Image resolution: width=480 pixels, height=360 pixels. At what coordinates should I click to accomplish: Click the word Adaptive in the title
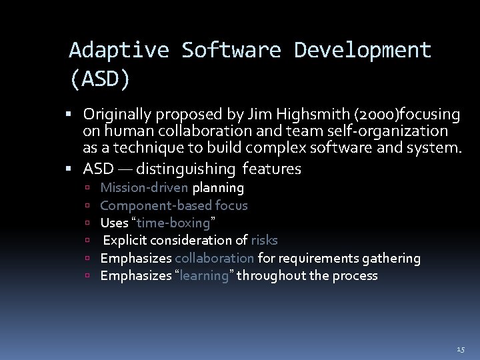[x=119, y=50]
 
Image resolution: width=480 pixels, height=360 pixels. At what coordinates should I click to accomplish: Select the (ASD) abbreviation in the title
[x=101, y=79]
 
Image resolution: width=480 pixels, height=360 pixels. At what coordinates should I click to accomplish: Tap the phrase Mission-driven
[x=144, y=188]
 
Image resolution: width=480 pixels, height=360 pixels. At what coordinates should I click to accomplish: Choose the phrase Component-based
[x=156, y=206]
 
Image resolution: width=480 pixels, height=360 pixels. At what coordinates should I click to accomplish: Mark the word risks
[x=264, y=240]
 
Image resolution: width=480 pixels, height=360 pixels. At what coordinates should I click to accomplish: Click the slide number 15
[x=461, y=349]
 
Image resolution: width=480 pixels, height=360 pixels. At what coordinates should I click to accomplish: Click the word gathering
[x=396, y=258]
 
